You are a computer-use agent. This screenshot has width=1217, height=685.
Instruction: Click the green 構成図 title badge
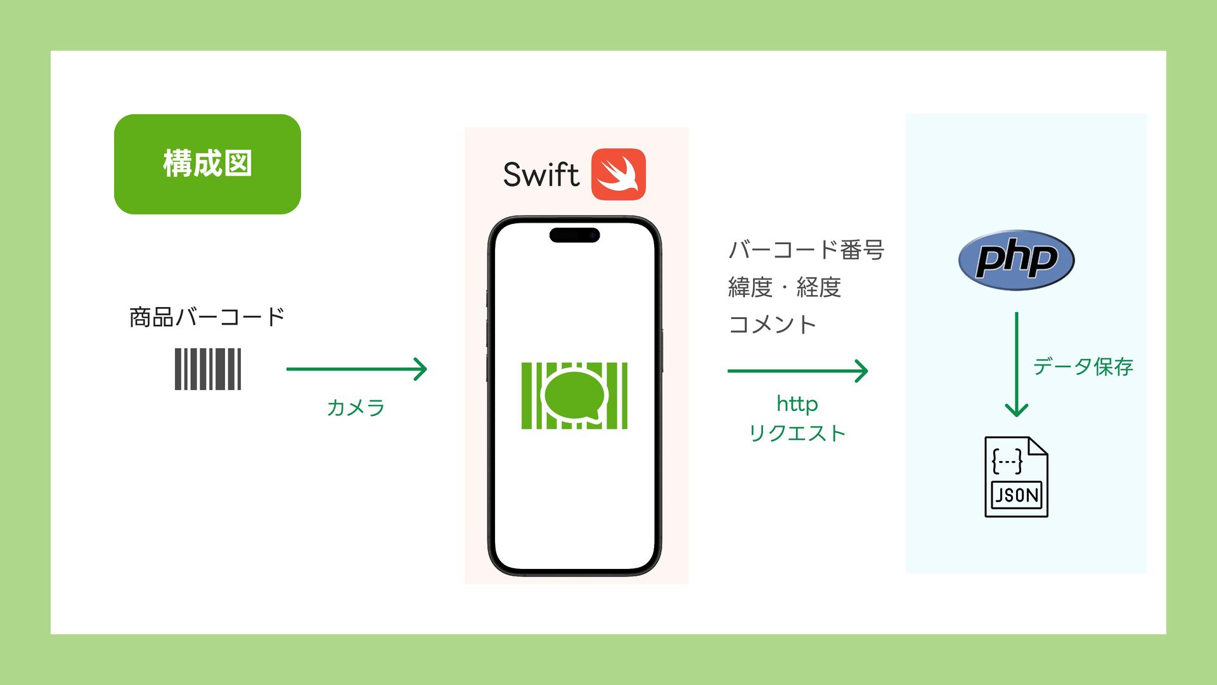tap(207, 164)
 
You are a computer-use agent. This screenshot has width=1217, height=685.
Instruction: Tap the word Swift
tap(541, 175)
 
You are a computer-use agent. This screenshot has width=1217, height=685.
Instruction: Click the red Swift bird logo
tap(618, 174)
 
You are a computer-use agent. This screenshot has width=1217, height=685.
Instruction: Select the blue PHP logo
tap(1016, 260)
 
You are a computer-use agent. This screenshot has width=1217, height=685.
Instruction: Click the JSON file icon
tap(1016, 477)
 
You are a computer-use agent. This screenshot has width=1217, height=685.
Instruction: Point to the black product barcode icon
tap(208, 369)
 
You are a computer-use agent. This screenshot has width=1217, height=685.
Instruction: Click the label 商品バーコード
tap(207, 317)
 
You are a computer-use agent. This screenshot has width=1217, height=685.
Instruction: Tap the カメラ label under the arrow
tap(356, 407)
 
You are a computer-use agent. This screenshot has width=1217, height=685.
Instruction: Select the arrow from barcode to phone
tap(356, 369)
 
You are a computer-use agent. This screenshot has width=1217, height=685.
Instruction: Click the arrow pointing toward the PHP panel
tap(797, 370)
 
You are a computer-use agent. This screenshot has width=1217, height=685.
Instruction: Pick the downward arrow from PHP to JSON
tap(1016, 365)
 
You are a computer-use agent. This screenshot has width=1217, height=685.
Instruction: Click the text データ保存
tap(1083, 367)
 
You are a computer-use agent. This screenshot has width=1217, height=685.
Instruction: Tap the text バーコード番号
tap(806, 250)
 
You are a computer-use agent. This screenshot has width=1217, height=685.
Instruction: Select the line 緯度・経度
tap(784, 287)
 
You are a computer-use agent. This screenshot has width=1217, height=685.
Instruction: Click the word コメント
tap(772, 325)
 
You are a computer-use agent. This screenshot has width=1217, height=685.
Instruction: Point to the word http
tap(797, 403)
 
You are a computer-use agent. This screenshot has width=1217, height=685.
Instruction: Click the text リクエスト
tap(797, 434)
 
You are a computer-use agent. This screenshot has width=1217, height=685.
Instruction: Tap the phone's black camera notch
tap(574, 235)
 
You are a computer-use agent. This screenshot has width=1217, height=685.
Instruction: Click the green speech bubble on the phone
tap(574, 395)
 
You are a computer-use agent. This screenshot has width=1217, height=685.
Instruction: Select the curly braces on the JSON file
tap(1007, 461)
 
